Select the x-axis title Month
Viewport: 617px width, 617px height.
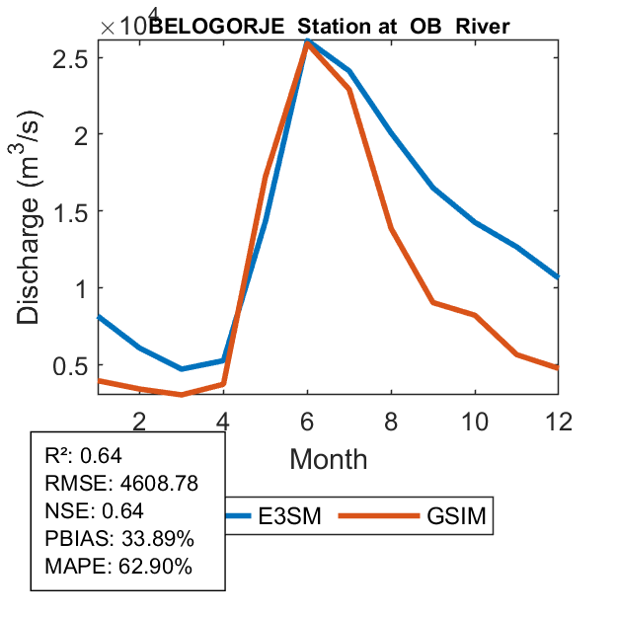tap(328, 459)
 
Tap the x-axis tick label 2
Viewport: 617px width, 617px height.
tap(139, 421)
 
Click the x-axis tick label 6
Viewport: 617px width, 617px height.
tap(307, 421)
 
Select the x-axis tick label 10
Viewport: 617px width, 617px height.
tap(475, 421)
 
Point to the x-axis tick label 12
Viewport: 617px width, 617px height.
tap(559, 421)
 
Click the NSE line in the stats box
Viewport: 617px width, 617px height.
tap(95, 510)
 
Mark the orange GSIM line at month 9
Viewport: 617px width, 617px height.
tap(433, 302)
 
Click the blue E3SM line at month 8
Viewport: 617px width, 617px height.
tap(392, 132)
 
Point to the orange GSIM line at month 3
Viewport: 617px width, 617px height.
tap(182, 395)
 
